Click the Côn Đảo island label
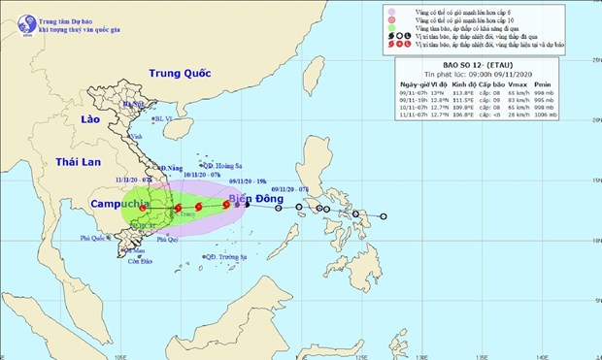click(x=137, y=261)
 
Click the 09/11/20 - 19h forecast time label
click(x=248, y=181)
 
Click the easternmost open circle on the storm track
click(x=384, y=216)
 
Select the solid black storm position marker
click(x=247, y=205)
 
